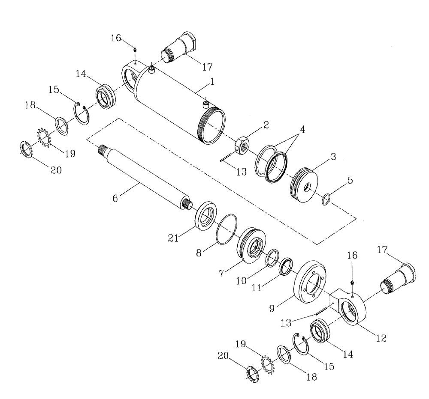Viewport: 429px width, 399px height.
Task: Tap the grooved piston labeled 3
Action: (306, 187)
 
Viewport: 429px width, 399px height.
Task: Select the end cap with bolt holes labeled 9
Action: (310, 283)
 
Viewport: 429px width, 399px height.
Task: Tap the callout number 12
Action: (381, 338)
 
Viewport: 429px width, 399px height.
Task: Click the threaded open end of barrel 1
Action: (211, 126)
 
